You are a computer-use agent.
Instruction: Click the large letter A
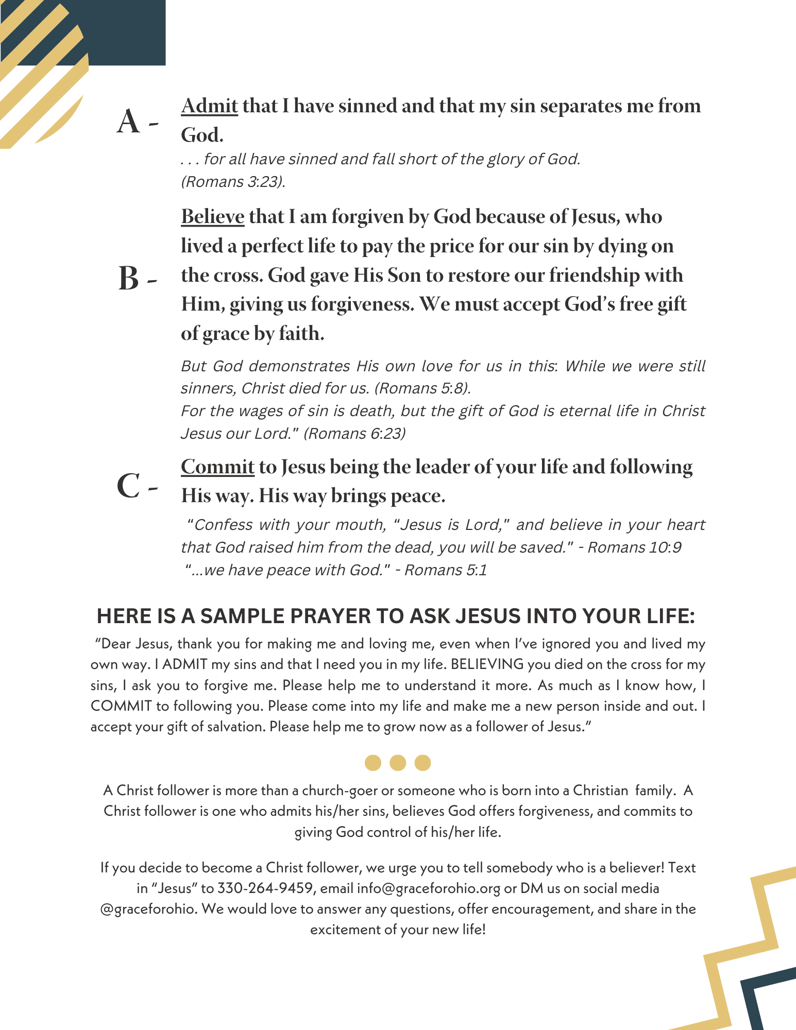tap(128, 123)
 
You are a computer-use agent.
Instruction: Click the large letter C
tap(128, 486)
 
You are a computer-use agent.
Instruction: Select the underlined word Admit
tap(209, 106)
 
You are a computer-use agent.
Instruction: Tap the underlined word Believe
tap(212, 217)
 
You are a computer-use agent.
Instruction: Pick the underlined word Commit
tap(217, 467)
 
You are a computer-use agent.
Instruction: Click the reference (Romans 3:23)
tap(233, 182)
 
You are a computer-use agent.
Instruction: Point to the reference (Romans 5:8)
tap(422, 388)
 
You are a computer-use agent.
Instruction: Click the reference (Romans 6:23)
tap(354, 434)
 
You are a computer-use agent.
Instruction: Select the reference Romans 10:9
tap(634, 547)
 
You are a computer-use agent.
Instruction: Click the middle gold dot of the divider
tap(398, 763)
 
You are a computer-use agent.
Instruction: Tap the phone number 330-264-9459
tap(265, 888)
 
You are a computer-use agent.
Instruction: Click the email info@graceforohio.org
tap(428, 888)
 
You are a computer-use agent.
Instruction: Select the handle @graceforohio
tap(148, 909)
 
